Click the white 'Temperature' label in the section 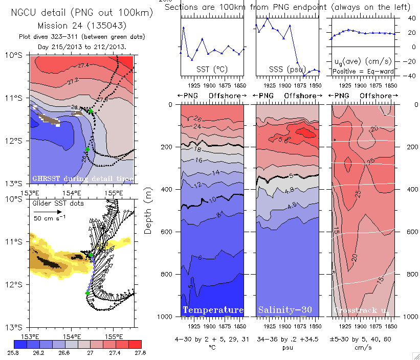pos(213,310)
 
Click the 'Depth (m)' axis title pos(148,211)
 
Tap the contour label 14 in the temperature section pos(216,173)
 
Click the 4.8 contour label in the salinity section pos(290,190)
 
